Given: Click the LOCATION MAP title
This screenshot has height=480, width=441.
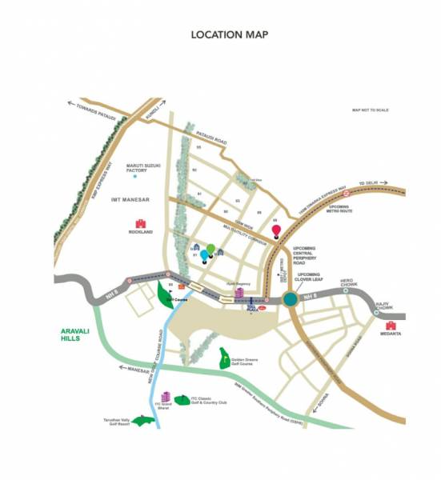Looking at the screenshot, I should [x=229, y=34].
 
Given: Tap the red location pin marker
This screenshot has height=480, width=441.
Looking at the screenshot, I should [x=276, y=231].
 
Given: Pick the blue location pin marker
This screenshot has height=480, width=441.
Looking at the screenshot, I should [x=204, y=255].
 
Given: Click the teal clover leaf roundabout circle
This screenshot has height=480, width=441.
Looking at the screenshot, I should [x=289, y=300].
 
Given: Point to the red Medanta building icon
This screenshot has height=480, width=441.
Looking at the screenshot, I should [x=391, y=326].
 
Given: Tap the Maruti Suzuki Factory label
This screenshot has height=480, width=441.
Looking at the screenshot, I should [x=146, y=167].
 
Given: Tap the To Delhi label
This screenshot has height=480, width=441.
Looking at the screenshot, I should [x=367, y=183].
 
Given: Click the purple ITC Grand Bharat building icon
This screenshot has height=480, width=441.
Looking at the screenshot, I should [x=166, y=397].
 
